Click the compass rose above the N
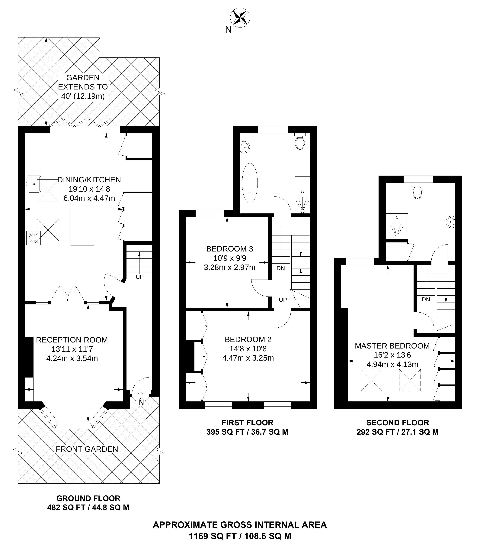coord(240,18)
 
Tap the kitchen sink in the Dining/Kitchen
coord(34,184)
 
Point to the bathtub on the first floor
coord(250,183)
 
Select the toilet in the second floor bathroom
coord(418,191)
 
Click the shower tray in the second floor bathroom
coord(396,226)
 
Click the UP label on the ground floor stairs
coord(139,277)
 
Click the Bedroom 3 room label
coord(230,249)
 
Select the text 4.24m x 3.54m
coord(72,358)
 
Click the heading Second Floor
coord(398,423)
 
